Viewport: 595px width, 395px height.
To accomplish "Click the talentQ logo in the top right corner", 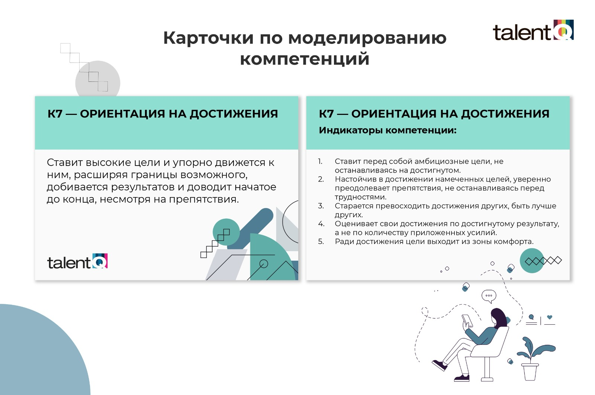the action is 533,30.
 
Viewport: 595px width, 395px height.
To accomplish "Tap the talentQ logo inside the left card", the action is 77,261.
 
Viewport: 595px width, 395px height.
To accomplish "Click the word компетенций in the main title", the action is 305,59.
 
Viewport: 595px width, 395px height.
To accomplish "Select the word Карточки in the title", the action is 208,38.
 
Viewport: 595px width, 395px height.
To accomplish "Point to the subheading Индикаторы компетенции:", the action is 387,130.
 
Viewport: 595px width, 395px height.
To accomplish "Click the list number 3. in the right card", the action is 321,206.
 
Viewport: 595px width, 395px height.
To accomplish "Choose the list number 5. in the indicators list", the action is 321,241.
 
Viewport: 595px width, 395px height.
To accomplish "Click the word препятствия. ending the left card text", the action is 204,199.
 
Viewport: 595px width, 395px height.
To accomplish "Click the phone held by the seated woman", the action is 467,320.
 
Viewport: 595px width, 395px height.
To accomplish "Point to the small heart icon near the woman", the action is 550,317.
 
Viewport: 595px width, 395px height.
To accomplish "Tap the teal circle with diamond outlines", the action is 532,261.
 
